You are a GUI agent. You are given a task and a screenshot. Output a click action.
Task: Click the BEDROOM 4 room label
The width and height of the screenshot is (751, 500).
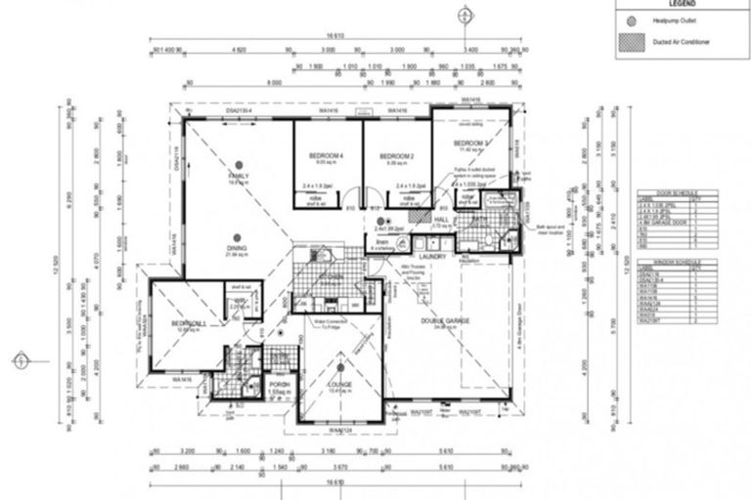click(327, 156)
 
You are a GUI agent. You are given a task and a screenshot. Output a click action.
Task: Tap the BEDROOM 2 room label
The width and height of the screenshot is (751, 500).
click(397, 156)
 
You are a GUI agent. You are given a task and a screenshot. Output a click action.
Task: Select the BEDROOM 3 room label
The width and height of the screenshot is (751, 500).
click(471, 145)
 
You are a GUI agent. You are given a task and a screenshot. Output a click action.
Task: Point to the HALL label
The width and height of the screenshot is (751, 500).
click(440, 221)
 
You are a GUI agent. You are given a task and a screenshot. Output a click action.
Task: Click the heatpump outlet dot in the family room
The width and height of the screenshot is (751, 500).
click(238, 162)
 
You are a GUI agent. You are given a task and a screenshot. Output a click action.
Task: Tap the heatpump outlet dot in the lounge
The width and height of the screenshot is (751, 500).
click(340, 368)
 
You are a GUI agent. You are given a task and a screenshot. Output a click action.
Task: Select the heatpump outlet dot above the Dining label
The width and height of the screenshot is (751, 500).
click(238, 232)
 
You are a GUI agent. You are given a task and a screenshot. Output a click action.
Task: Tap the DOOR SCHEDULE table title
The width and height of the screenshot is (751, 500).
click(667, 194)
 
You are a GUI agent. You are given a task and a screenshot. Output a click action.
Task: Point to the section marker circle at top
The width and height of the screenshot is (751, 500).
click(464, 14)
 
